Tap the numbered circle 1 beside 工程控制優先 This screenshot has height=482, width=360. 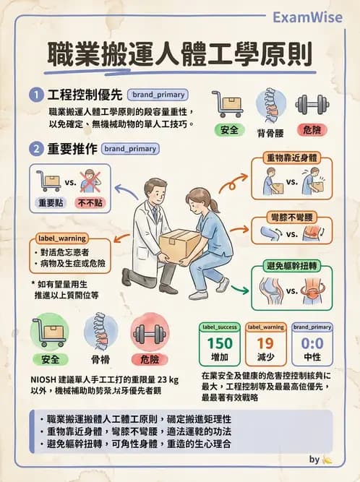pos(35,95)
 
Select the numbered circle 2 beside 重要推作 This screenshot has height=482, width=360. pos(35,150)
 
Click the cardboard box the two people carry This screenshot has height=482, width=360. pos(180,244)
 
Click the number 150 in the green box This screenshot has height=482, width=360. pos(220,344)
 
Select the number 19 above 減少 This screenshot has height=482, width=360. pos(265,344)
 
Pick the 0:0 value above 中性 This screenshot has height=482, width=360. pos(312,344)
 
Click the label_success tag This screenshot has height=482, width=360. pos(220,327)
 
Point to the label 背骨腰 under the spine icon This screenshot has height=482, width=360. pos(270,132)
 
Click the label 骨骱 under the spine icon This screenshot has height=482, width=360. pos(100,358)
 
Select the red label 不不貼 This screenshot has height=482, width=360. pos(90,203)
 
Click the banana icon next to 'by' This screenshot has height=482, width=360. pos(327,460)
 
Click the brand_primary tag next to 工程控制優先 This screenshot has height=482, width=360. pos(158,95)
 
